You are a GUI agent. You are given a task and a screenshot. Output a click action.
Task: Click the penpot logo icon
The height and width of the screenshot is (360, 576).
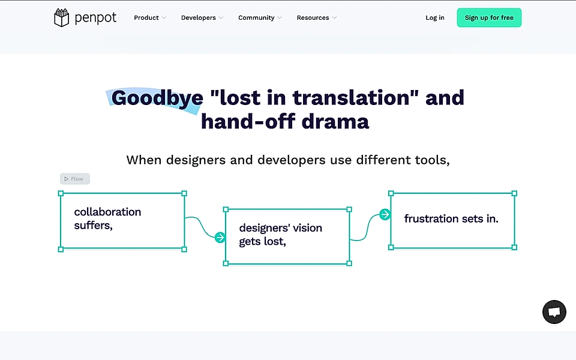pyautogui.click(x=61, y=18)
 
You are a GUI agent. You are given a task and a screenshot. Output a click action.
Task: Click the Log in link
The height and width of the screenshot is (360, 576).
pyautogui.click(x=435, y=18)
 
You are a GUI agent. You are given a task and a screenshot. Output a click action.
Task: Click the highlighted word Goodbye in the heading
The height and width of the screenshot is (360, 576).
pyautogui.click(x=149, y=98)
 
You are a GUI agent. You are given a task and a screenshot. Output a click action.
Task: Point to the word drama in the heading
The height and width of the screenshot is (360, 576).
pyautogui.click(x=335, y=122)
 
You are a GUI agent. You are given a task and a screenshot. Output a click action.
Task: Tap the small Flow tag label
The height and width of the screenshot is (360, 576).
pyautogui.click(x=75, y=179)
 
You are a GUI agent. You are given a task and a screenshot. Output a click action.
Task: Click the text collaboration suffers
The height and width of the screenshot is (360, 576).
pyautogui.click(x=107, y=218)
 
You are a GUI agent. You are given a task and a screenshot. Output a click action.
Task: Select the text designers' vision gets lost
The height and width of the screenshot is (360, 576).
pyautogui.click(x=280, y=235)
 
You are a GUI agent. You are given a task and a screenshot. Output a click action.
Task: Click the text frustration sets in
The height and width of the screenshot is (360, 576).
pyautogui.click(x=451, y=219)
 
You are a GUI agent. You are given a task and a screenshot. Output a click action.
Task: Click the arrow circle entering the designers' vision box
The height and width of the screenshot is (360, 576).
pyautogui.click(x=220, y=238)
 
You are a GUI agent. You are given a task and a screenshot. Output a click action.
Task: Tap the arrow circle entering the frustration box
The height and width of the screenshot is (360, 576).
pyautogui.click(x=385, y=215)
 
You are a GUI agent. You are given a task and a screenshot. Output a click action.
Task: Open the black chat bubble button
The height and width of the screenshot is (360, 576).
pyautogui.click(x=554, y=312)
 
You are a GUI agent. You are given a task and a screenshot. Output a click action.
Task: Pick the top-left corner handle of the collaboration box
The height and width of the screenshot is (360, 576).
pyautogui.click(x=61, y=193)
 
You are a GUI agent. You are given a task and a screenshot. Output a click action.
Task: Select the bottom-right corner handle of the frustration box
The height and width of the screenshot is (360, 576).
pyautogui.click(x=514, y=247)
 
